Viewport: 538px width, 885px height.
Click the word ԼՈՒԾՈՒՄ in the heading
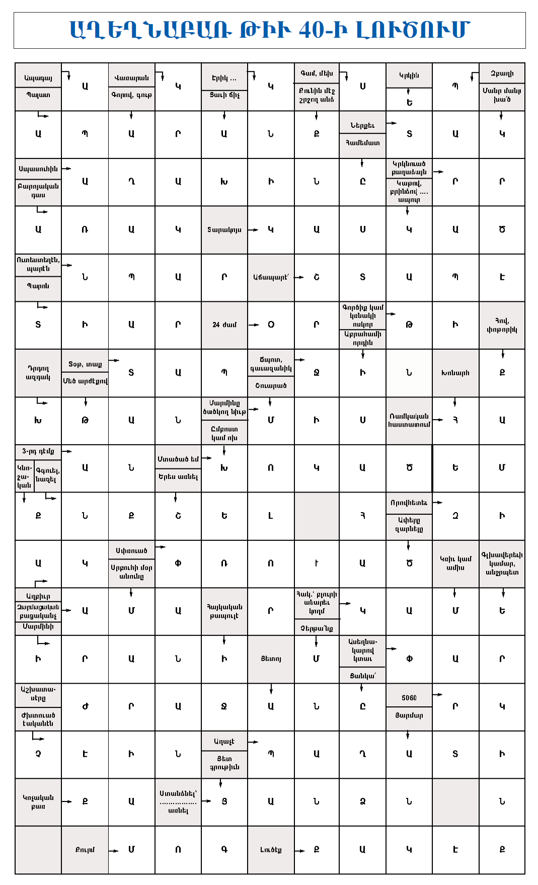413,30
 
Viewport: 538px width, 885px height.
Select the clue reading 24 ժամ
224,325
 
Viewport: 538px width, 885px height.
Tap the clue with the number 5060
409,698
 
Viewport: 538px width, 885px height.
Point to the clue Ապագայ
38,78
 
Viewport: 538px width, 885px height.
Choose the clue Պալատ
38,95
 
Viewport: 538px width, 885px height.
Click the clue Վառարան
131,78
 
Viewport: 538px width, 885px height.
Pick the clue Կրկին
409,75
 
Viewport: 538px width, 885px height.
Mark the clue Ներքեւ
362,125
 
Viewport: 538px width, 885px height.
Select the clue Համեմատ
362,143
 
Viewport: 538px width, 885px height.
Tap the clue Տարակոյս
224,230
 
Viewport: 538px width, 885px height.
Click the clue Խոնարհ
455,373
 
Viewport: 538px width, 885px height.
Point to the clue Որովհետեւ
409,503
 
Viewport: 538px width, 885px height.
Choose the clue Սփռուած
131,551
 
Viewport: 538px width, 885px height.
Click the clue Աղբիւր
38,596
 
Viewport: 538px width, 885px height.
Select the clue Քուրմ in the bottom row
85,850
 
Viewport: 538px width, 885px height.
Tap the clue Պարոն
38,286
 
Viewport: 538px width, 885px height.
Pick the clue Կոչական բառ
38,802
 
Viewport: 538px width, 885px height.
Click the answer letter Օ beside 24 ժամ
271,325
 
